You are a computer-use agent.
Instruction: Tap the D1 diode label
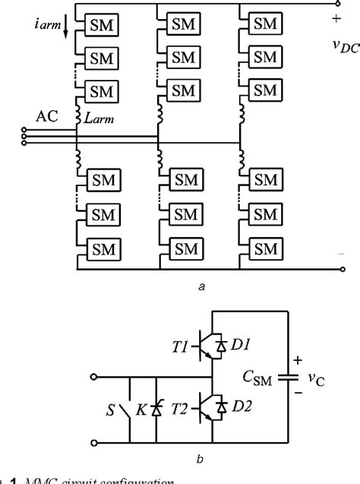pyautogui.click(x=242, y=346)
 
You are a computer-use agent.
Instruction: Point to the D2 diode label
pyautogui.click(x=242, y=406)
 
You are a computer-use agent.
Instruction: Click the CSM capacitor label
pyautogui.click(x=258, y=377)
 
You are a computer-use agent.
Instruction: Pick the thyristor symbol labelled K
pyautogui.click(x=155, y=409)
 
